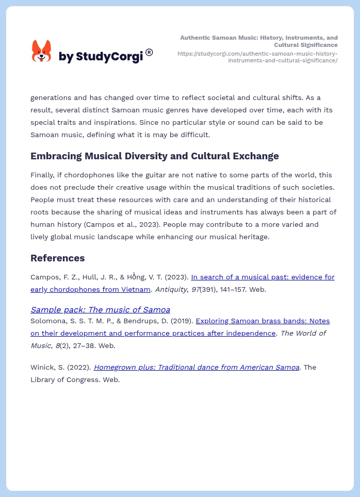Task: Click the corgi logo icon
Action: pyautogui.click(x=41, y=51)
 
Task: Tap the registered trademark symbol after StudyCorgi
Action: pyautogui.click(x=149, y=52)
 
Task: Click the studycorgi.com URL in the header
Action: pyautogui.click(x=257, y=57)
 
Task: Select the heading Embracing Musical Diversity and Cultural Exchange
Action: pyautogui.click(x=154, y=156)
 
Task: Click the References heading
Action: pyautogui.click(x=58, y=258)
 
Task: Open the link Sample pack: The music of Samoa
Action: pyautogui.click(x=100, y=309)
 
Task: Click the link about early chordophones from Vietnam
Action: pyautogui.click(x=182, y=283)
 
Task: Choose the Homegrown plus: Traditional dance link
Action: pyautogui.click(x=196, y=367)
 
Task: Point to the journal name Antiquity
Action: pyautogui.click(x=171, y=289)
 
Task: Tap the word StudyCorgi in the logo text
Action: pyautogui.click(x=109, y=56)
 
